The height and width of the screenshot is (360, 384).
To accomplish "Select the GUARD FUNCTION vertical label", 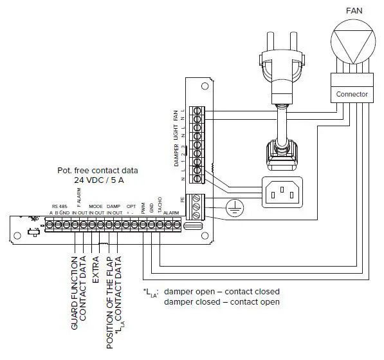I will click(x=75, y=292).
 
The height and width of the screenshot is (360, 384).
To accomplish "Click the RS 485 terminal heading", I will click(x=59, y=206).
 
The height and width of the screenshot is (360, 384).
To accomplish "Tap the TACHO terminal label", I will click(x=159, y=205).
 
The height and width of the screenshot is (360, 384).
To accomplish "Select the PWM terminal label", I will click(x=142, y=207).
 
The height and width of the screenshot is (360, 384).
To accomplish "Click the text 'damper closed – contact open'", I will click(x=221, y=302).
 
